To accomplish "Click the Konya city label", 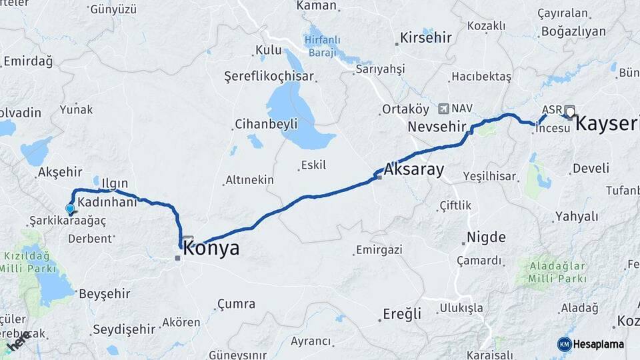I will click(211, 249).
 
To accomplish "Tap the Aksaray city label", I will click(413, 169).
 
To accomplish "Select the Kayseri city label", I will click(607, 123).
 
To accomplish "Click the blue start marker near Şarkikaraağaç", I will click(70, 209).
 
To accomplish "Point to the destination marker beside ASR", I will click(570, 111).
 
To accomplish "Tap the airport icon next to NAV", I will click(443, 108).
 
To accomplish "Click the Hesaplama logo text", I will click(599, 344).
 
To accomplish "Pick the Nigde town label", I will click(486, 237).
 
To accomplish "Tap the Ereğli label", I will click(402, 313).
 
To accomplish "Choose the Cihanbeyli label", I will click(266, 124).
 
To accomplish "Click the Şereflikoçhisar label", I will click(269, 75).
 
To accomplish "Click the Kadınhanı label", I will click(107, 201).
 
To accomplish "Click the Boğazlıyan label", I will click(573, 31).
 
